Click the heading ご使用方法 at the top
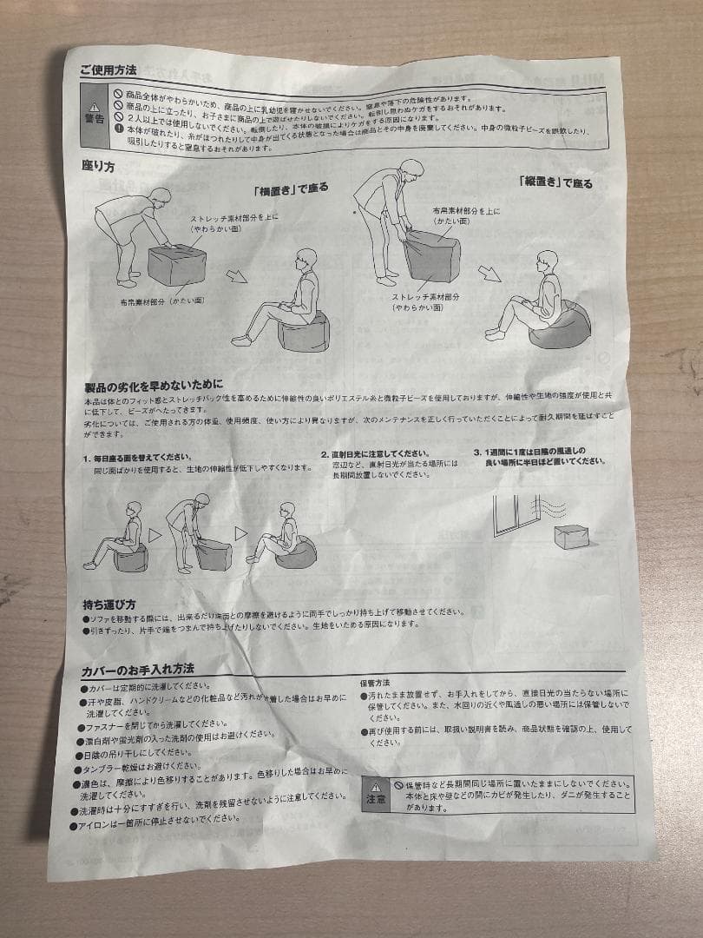108,69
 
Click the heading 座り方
97,165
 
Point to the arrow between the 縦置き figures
491,274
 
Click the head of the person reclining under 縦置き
546,260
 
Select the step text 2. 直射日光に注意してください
374,453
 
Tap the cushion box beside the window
572,536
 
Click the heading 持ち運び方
108,604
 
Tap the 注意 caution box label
375,793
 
